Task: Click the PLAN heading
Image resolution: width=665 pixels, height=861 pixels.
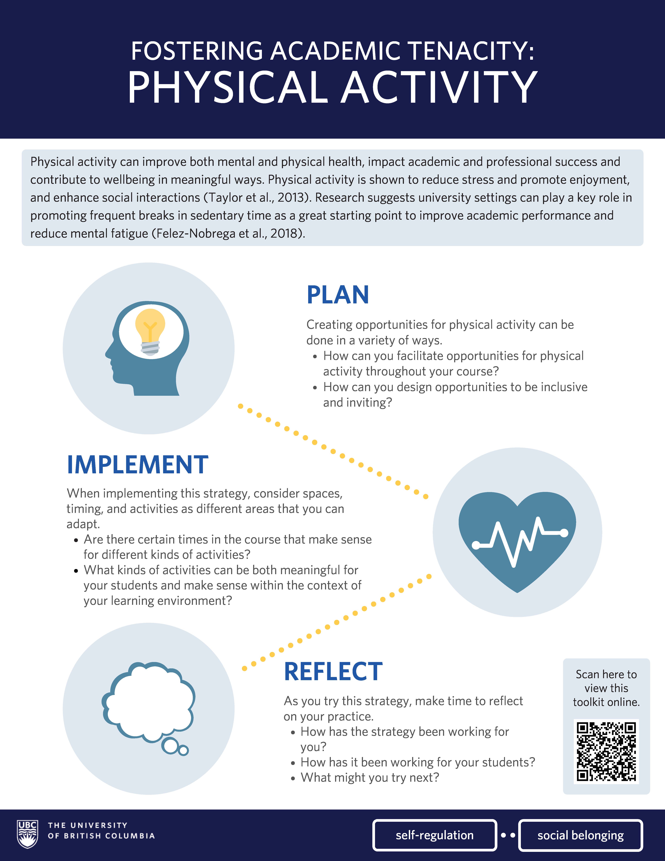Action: tap(338, 295)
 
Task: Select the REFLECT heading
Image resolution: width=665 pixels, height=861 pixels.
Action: tap(333, 672)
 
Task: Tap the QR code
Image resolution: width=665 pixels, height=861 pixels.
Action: tap(606, 751)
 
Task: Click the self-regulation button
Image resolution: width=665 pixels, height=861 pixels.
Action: tap(435, 835)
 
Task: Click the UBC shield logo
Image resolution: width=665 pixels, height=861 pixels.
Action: tap(28, 834)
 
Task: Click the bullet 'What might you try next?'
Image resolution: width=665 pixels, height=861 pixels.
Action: tap(370, 777)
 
